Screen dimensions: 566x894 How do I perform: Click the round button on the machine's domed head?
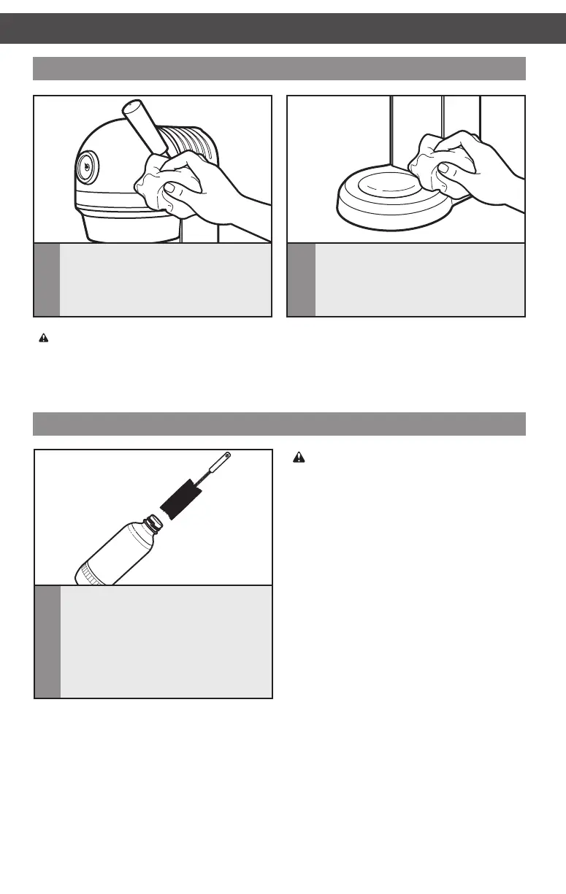[x=86, y=167]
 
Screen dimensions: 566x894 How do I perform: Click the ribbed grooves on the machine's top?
[x=193, y=139]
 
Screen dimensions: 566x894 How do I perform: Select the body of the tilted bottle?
[x=120, y=551]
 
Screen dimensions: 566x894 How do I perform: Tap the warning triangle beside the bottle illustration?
[x=298, y=458]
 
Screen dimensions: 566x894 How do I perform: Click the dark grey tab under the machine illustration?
[x=47, y=280]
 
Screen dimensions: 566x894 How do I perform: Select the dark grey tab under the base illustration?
[x=302, y=280]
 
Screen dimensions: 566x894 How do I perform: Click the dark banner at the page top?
[x=283, y=28]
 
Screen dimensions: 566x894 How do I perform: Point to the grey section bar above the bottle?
[x=280, y=423]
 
